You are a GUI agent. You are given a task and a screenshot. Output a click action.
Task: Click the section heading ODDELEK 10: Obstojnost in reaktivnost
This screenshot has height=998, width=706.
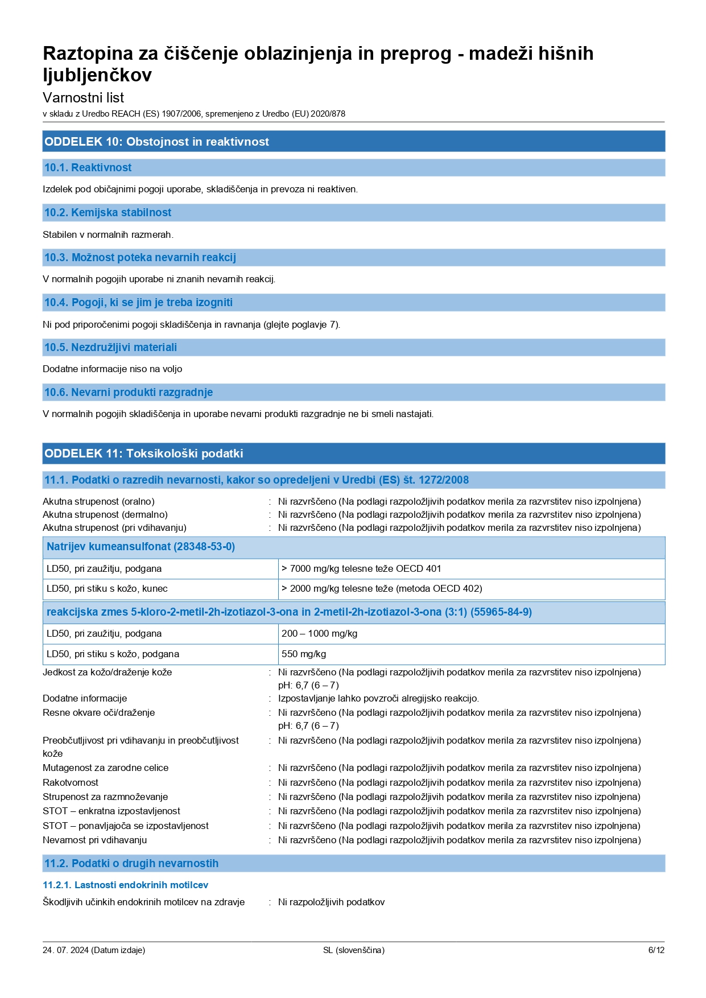pos(157,142)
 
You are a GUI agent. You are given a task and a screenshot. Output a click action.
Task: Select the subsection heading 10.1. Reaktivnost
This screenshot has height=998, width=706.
pos(88,168)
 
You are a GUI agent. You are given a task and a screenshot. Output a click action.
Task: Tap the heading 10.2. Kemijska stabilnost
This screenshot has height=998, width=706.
pos(108,213)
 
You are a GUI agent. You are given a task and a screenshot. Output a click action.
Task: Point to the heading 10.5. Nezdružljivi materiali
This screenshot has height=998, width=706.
pos(111,348)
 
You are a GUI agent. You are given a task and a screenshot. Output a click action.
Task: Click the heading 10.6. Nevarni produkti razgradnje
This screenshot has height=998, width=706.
pos(129,393)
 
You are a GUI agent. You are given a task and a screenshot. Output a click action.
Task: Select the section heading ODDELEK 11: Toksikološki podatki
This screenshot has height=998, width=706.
pos(144,453)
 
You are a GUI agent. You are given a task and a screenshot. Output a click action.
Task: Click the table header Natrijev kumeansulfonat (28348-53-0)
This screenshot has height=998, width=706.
pos(141,547)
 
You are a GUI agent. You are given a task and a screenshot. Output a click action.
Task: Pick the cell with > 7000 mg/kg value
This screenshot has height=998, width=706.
pos(361,568)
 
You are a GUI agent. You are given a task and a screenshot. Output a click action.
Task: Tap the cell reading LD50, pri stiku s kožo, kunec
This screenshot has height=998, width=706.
pos(107,589)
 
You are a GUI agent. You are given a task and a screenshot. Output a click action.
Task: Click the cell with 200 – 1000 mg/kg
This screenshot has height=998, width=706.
pos(320,634)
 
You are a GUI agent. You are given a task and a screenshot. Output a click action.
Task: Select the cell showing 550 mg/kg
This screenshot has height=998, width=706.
pos(304,654)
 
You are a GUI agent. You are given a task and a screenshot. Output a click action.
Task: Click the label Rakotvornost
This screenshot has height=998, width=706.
pos(71,783)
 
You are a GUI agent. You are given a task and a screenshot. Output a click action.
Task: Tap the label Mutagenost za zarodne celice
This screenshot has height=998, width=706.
pos(106,768)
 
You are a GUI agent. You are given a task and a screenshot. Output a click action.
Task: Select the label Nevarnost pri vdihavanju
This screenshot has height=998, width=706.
pos(95,840)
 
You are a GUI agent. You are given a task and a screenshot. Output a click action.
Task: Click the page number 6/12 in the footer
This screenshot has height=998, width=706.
pos(656,950)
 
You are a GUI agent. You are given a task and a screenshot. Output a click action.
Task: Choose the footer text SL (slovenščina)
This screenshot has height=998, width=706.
pos(353,950)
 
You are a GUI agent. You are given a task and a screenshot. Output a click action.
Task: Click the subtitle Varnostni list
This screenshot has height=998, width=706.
pos(84,98)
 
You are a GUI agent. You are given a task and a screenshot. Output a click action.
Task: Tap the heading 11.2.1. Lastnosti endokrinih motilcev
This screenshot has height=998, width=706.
pos(126,885)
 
